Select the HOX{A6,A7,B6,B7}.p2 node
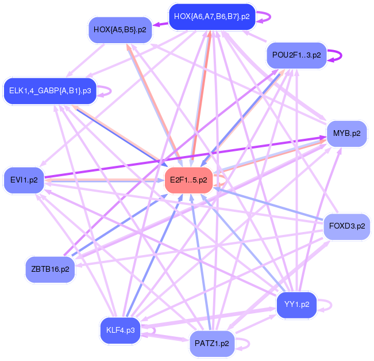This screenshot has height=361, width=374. click(x=212, y=16)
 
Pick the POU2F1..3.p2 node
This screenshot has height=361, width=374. click(x=296, y=56)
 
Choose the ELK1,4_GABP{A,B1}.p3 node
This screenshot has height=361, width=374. click(x=50, y=90)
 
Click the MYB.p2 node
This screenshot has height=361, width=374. click(x=346, y=134)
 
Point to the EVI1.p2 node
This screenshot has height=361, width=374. click(x=24, y=180)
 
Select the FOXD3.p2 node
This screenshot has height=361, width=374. click(x=347, y=226)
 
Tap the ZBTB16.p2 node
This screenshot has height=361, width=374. click(x=51, y=269)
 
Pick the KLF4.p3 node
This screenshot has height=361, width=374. click(x=121, y=330)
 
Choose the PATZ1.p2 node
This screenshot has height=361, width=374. click(x=212, y=344)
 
